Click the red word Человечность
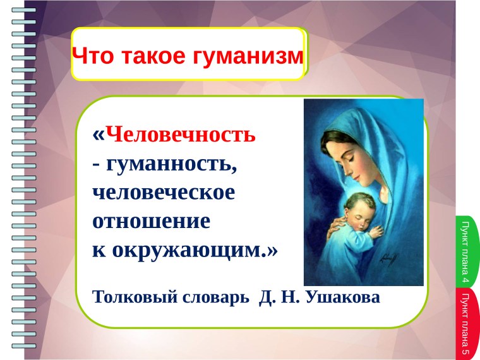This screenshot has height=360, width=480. click(x=181, y=136)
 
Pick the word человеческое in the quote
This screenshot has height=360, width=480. click(x=164, y=193)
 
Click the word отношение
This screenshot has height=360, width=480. click(x=151, y=221)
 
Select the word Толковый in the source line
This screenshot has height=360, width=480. click(x=131, y=297)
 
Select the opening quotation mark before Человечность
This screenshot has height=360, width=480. click(x=98, y=135)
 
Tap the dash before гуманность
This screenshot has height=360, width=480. click(x=95, y=165)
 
